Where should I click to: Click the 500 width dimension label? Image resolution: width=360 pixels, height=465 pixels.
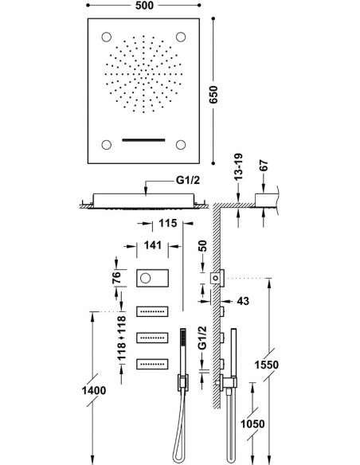(x=144, y=6)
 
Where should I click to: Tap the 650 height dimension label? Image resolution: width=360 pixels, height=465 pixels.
(x=213, y=95)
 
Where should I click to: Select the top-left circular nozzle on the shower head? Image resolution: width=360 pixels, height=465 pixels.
(x=107, y=37)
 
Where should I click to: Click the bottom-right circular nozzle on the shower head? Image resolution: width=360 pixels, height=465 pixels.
(x=181, y=145)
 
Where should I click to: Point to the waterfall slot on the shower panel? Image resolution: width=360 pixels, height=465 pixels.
(x=143, y=139)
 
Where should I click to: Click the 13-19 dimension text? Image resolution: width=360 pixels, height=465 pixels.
(x=238, y=166)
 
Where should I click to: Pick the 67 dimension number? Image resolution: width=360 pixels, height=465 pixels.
(x=264, y=166)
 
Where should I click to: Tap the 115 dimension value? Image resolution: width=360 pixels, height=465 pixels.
(x=167, y=223)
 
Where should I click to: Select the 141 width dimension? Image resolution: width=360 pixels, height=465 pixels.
(x=153, y=245)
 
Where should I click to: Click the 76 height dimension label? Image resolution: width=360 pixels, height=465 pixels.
(x=116, y=277)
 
